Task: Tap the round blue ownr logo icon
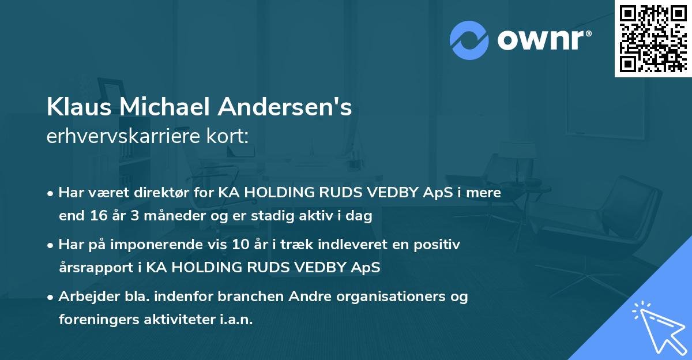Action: click(x=469, y=40)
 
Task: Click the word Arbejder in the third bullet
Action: click(x=84, y=297)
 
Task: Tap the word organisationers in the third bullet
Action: click(x=399, y=297)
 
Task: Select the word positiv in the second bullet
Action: click(x=439, y=245)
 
